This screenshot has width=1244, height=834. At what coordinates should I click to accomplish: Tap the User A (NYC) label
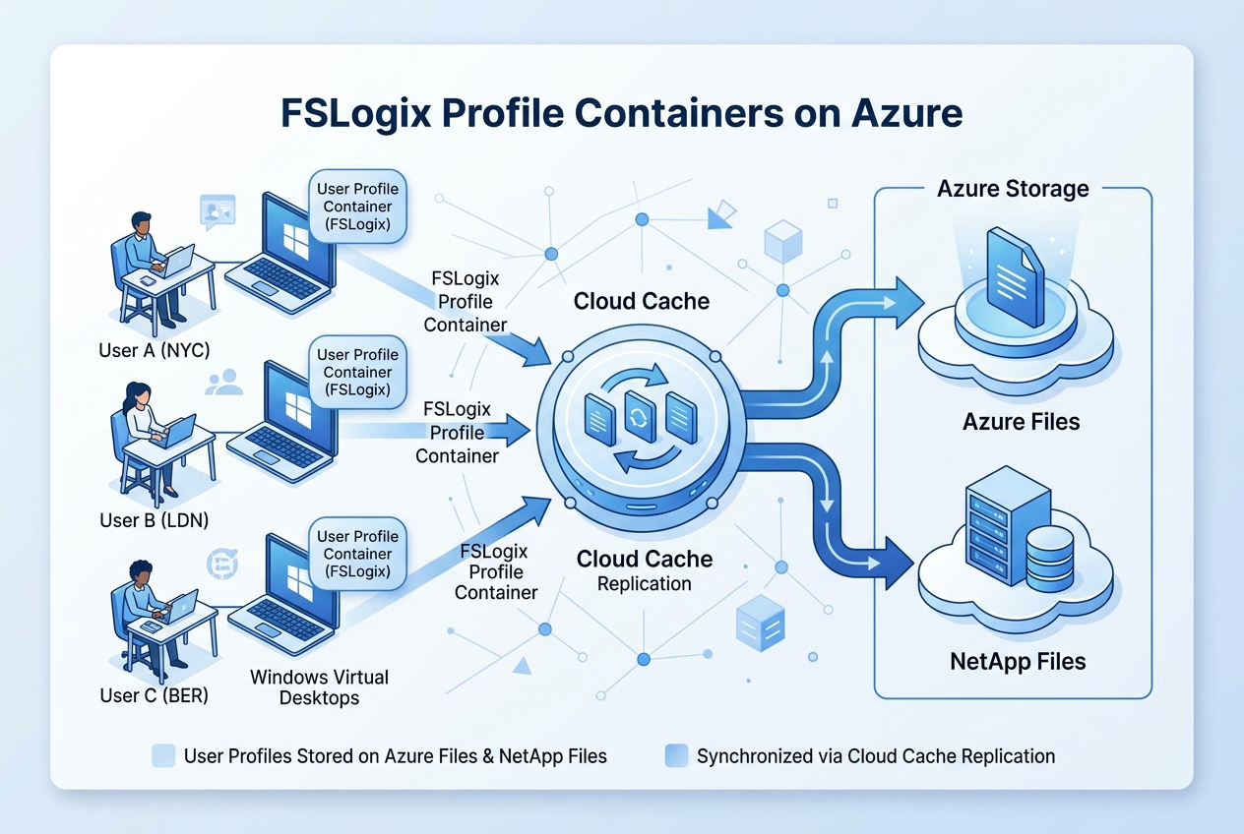click(155, 350)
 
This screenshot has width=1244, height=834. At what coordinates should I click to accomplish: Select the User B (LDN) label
click(155, 519)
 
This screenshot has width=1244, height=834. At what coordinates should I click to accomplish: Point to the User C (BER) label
click(155, 695)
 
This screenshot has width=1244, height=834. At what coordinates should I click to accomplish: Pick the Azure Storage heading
click(1013, 188)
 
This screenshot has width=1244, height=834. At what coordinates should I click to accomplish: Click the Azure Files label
click(1021, 422)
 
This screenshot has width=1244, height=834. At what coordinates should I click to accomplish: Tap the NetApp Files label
click(1018, 661)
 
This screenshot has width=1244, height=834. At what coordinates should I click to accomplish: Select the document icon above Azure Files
click(1015, 276)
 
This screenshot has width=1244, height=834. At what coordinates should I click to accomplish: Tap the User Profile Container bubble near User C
click(357, 554)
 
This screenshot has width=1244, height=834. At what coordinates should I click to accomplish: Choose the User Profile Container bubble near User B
click(357, 372)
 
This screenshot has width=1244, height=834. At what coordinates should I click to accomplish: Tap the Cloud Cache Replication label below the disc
click(644, 570)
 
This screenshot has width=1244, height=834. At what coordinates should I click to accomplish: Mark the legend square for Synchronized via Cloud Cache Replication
click(676, 755)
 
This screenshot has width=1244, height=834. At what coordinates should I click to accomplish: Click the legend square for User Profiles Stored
click(163, 755)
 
